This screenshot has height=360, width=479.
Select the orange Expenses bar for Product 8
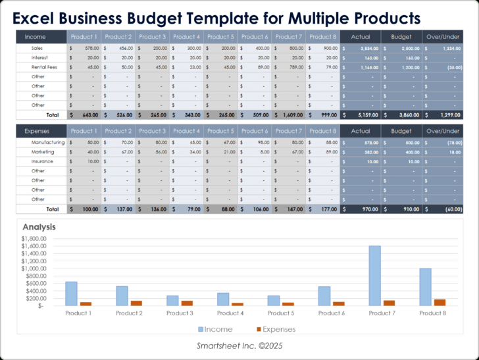[439, 302]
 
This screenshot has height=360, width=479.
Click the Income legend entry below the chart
[214, 329]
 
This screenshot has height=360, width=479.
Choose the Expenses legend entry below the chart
[276, 329]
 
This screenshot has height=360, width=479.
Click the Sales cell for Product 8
[322, 48]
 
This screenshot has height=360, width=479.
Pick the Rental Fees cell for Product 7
[288, 67]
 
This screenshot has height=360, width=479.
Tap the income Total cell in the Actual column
[361, 115]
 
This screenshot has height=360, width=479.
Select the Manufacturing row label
[48, 142]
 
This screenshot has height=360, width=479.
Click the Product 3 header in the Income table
[152, 37]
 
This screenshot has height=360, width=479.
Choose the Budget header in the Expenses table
[401, 131]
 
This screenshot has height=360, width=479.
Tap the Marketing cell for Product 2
[118, 152]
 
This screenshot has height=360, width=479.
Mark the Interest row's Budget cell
[401, 58]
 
